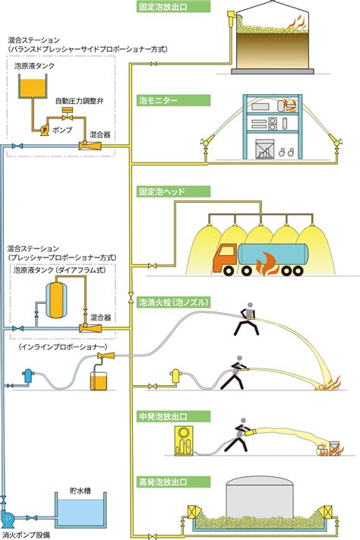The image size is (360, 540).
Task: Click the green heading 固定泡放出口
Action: (173, 6)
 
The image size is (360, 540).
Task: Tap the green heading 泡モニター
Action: (173, 100)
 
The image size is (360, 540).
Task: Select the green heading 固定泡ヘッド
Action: (173, 191)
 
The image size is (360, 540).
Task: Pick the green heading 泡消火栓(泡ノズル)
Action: (173, 302)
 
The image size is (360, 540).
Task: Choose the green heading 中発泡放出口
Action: (173, 417)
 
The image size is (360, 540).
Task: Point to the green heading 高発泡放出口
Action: (173, 482)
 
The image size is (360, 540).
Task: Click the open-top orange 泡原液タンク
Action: (33, 88)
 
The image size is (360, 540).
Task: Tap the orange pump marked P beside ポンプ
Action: (45, 130)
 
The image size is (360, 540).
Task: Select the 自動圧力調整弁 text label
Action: (79, 101)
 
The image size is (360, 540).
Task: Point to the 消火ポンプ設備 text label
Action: (25, 535)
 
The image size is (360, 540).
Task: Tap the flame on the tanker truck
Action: (266, 264)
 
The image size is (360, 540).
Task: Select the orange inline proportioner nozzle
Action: (106, 355)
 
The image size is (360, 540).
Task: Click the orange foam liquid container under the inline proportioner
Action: (99, 381)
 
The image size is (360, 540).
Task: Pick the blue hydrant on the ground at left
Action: (28, 377)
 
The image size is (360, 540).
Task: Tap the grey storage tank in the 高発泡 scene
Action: (260, 499)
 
